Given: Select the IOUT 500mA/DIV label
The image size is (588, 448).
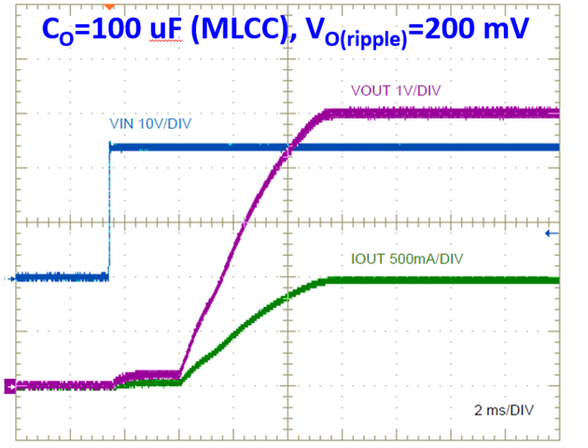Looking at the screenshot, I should pyautogui.click(x=390, y=259).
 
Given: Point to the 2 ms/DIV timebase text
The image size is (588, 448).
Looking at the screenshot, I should pyautogui.click(x=505, y=410).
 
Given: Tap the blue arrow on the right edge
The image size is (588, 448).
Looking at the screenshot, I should pyautogui.click(x=552, y=232).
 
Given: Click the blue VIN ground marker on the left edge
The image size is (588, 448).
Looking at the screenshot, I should pyautogui.click(x=10, y=277).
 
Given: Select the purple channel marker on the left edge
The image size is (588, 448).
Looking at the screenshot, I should pyautogui.click(x=10, y=385).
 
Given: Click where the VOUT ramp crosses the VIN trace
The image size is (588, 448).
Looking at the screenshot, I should pyautogui.click(x=287, y=147).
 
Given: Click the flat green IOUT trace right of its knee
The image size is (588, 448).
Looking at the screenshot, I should pyautogui.click(x=439, y=280).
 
